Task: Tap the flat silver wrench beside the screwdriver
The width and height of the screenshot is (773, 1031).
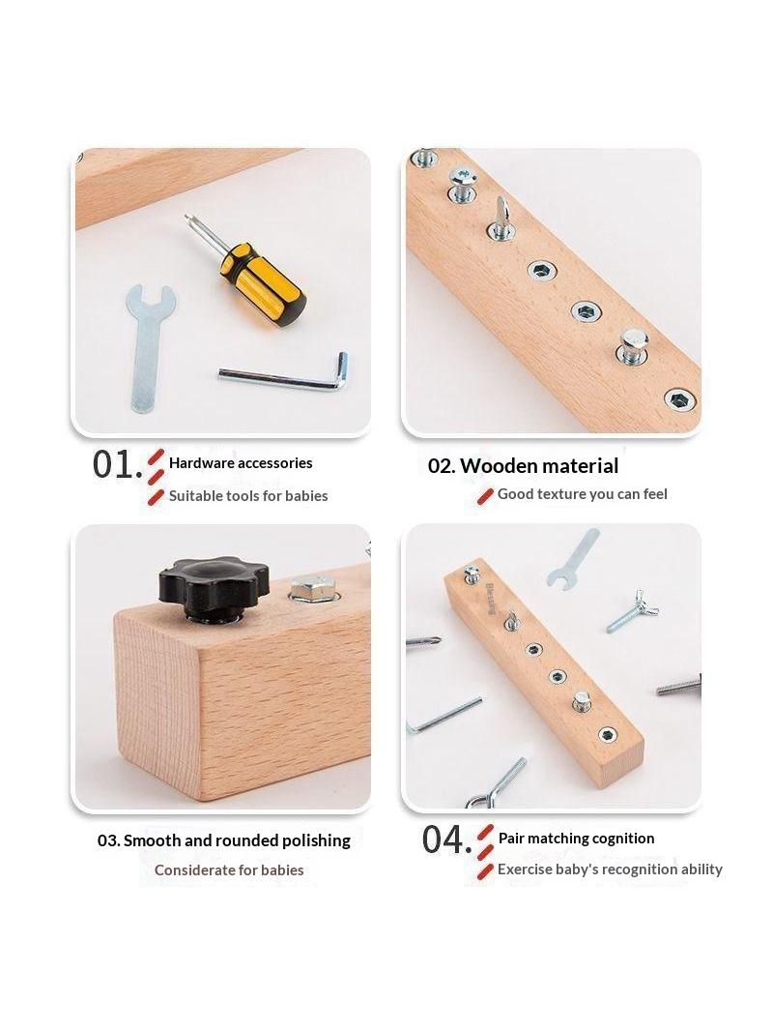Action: click(x=149, y=346)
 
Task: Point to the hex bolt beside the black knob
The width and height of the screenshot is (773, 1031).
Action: click(x=314, y=589)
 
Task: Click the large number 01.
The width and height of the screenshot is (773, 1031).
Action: click(x=117, y=465)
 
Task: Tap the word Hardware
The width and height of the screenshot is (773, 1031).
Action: click(x=201, y=463)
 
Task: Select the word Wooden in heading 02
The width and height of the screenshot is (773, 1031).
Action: click(x=494, y=466)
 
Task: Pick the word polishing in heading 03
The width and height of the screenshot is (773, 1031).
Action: click(x=316, y=841)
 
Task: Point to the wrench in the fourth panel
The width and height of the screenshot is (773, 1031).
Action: click(x=572, y=559)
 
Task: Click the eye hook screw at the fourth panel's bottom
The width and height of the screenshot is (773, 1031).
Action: click(x=498, y=783)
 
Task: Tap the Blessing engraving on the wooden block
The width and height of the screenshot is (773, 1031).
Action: click(x=491, y=598)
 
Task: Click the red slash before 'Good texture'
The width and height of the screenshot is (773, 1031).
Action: click(x=485, y=496)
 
